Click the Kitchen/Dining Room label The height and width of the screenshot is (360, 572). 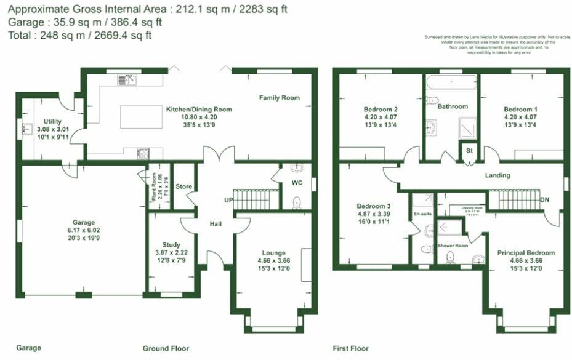pos(199,110)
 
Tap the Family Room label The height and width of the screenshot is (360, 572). pos(279,98)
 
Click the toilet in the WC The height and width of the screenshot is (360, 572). pos(296,201)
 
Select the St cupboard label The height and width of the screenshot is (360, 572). pos(469,150)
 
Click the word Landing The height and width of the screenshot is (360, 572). pos(497,175)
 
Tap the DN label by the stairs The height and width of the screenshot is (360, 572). pos(544,200)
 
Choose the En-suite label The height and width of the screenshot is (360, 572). pos(422,214)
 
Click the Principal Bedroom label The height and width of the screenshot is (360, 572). pos(526,253)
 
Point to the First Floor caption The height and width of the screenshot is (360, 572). pos(350,348)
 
